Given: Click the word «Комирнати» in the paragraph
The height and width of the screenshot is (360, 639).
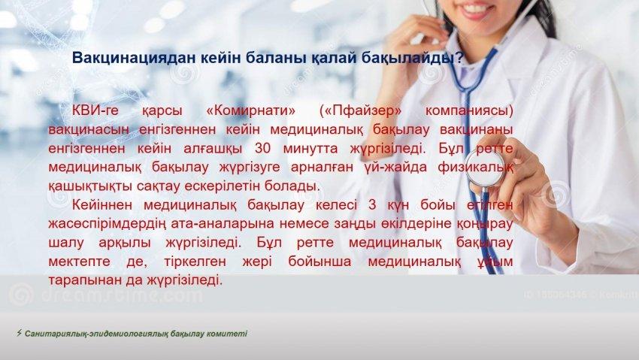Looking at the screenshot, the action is pos(251,110).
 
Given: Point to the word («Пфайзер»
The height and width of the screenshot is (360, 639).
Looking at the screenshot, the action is pos(361,110).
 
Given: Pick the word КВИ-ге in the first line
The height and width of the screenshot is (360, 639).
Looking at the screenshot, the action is pos(95,110).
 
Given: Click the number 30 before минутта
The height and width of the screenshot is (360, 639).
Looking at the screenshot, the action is pos(262,148).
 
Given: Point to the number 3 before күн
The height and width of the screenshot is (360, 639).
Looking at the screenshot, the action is pos(372,205).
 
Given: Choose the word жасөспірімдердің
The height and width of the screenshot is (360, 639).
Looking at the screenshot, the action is pos(108,224).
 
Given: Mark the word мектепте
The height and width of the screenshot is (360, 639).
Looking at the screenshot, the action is pos(79,262).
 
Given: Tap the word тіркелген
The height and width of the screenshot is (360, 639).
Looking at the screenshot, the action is pos(195,262).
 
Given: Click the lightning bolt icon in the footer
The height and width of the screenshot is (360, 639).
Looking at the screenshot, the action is pos(19,333).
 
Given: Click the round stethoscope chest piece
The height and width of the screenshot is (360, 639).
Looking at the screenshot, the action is pos(486,167).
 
